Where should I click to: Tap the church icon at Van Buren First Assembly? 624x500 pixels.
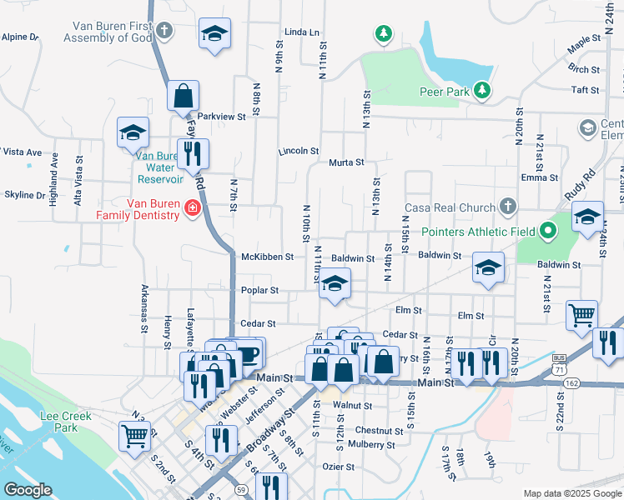[x=164, y=32]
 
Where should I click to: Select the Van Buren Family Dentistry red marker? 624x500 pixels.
[x=193, y=207]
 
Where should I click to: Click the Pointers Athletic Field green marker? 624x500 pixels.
[x=547, y=230]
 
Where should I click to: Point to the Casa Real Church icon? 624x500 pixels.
[x=507, y=207]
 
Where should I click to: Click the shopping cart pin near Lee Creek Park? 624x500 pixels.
[x=135, y=435]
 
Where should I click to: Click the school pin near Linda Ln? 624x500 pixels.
[x=214, y=33]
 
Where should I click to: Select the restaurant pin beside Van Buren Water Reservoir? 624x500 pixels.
[x=194, y=153]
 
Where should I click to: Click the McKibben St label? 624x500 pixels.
[x=267, y=257]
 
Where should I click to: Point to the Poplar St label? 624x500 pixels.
[x=260, y=291]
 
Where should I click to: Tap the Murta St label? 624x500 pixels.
[x=345, y=162]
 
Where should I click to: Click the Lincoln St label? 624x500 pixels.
[x=298, y=151]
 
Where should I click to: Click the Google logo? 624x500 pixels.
[x=28, y=490]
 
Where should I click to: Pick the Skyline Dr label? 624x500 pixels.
[x=23, y=195]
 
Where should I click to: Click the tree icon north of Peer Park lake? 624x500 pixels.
[x=383, y=34]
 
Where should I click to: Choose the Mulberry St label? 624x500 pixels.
[x=372, y=445]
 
